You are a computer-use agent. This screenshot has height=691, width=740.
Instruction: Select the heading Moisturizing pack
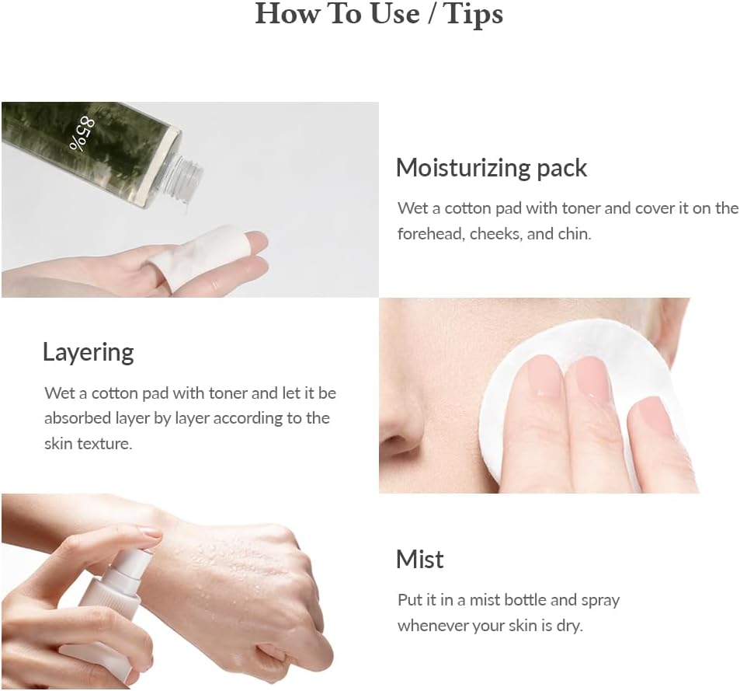point(491,168)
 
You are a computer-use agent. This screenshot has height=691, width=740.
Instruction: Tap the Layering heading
point(88,352)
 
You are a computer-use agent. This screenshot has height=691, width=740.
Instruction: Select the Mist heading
point(419,560)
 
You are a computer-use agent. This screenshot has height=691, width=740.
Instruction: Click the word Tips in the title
point(473,13)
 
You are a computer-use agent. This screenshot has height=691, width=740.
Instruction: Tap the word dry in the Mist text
point(568,625)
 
